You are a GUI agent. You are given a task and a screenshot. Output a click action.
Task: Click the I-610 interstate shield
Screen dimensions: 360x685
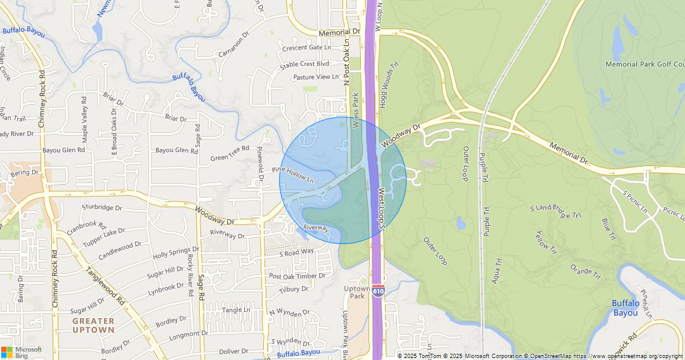pyautogui.click(x=378, y=290)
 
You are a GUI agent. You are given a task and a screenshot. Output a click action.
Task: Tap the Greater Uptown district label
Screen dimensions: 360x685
pyautogui.click(x=93, y=325)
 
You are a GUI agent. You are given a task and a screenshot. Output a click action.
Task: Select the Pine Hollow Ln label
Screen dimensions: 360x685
pyautogui.click(x=293, y=174)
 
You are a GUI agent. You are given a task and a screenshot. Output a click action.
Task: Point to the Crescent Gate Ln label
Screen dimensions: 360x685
pyautogui.click(x=307, y=48)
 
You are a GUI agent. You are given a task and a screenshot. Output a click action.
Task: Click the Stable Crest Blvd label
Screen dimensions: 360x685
pyautogui.click(x=304, y=64)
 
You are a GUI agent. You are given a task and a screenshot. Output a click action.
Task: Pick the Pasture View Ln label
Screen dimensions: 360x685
pyautogui.click(x=316, y=77)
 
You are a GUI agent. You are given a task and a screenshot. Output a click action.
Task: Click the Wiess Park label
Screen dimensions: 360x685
pyautogui.click(x=355, y=112)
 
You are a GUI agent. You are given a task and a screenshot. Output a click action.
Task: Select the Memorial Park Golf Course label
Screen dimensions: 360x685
pyautogui.click(x=644, y=64)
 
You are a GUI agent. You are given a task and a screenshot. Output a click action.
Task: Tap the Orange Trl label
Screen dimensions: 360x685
pyautogui.click(x=585, y=271)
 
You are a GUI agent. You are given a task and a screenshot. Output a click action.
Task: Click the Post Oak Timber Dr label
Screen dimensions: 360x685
pyautogui.click(x=297, y=276)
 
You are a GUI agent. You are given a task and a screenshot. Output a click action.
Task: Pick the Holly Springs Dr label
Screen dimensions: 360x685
pyautogui.click(x=176, y=254)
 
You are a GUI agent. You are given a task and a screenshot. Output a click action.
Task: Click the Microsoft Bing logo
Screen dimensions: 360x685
pyautogui.click(x=22, y=352)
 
